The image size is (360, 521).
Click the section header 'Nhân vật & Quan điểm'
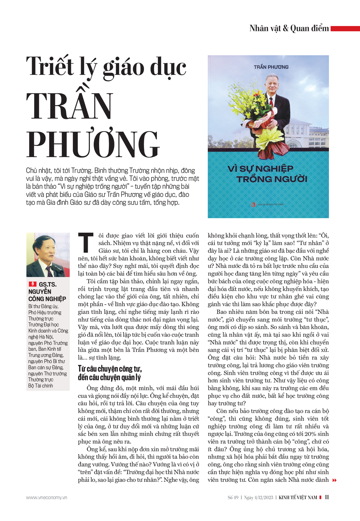289,28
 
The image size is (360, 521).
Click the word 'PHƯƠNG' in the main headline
93,144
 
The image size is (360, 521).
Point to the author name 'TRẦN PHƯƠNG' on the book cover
271,67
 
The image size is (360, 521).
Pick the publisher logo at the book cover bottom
253,205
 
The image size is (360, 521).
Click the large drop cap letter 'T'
86,243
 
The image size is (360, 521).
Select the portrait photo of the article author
48,255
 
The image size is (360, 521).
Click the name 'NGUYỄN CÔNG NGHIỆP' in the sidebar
47,295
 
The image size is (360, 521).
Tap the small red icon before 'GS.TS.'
33,284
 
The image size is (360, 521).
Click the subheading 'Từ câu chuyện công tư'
110,369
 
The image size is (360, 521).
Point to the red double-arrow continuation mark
334,480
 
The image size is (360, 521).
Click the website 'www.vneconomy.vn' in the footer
46,498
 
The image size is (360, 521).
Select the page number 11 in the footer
327,497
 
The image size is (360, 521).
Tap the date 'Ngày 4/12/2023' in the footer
258,498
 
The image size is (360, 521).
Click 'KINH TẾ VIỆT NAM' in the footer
298,498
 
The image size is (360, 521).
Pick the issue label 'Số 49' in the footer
233,498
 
